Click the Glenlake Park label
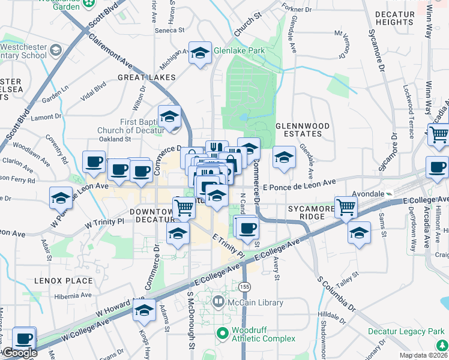pos(239,51)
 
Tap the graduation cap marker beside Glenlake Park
pos(200,54)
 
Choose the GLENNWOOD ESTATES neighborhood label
pos(303,131)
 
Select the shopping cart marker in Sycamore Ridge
pos(346,208)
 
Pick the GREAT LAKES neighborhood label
pos(146,77)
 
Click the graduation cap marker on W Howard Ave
pos(145,310)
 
